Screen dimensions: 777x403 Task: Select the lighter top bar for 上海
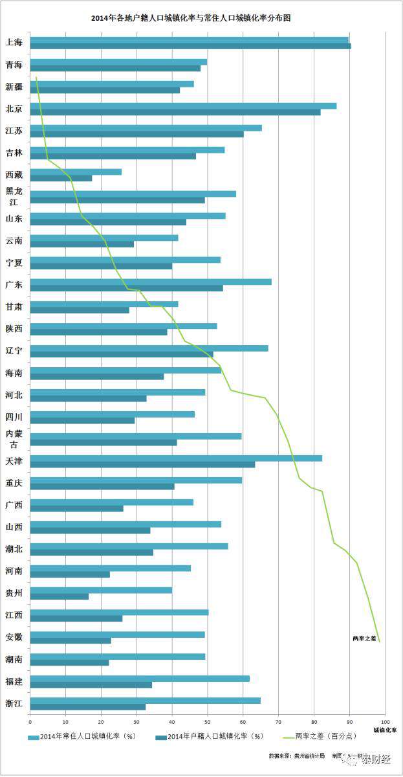189,39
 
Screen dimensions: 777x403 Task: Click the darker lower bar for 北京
175,112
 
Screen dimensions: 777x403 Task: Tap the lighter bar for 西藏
76,172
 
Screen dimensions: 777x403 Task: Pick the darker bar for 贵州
59,596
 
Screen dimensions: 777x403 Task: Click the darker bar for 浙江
87,706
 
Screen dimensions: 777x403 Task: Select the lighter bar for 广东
151,282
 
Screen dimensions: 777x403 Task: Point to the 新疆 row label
14,87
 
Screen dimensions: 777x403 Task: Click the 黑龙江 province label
14,196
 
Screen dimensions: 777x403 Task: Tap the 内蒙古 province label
14,438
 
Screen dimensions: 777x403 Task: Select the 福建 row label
14,681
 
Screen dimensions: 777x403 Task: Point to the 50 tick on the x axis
207,721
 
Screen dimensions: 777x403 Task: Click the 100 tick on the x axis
385,721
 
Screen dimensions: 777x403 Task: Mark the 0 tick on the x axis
30,721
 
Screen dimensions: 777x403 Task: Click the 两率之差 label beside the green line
364,638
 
